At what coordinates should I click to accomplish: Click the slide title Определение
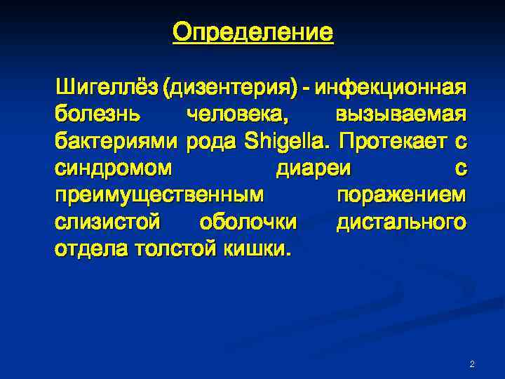pyautogui.click(x=252, y=32)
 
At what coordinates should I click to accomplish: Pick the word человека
pyautogui.click(x=240, y=115)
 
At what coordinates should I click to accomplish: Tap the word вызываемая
pyautogui.click(x=400, y=115)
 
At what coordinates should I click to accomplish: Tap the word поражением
pyautogui.click(x=401, y=195)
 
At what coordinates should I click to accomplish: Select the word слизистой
pyautogui.click(x=109, y=222)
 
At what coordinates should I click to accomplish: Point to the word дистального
pyautogui.click(x=400, y=222)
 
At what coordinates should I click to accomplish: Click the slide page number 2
pyautogui.click(x=471, y=364)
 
